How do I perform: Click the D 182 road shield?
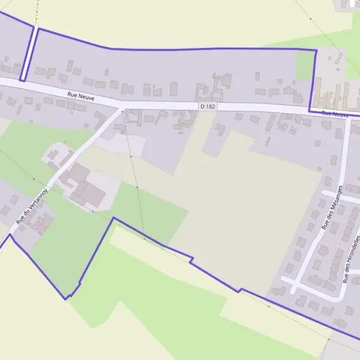coord(208,106)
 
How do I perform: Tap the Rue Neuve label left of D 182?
coord(81,95)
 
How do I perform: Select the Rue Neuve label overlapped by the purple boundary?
coord(335,113)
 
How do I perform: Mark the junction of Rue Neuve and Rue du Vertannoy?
coord(122,109)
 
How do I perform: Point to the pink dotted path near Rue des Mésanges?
coord(334,241)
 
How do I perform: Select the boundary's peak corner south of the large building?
coord(113,218)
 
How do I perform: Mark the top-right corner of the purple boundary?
coord(316,50)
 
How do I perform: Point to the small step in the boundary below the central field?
coord(191,260)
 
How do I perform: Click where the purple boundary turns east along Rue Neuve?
coord(310,110)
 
